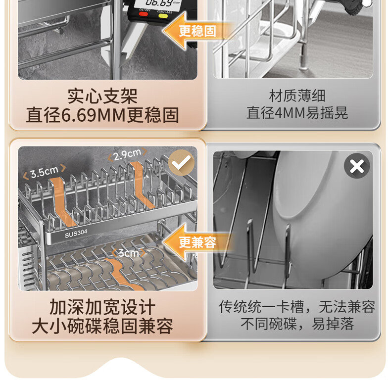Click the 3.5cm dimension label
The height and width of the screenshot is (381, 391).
(x=45, y=172)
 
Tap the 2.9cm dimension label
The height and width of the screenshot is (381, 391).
(x=127, y=154)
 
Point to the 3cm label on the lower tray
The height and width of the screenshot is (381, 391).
(x=128, y=253)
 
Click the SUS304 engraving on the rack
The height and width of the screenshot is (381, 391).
(x=76, y=234)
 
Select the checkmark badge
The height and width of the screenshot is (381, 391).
(x=181, y=163)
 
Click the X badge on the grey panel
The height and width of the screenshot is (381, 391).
(x=357, y=166)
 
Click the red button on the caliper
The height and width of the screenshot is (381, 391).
(x=143, y=14)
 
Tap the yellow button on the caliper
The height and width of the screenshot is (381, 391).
(x=163, y=16)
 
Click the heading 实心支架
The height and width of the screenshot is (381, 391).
(x=102, y=96)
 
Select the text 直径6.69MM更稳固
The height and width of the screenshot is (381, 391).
(x=102, y=115)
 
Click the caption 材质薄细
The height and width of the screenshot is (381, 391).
(x=297, y=95)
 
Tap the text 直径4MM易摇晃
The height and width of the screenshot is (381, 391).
(x=297, y=113)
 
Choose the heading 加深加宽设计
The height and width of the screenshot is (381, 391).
(x=102, y=307)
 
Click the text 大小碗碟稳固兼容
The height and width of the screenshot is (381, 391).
(x=102, y=326)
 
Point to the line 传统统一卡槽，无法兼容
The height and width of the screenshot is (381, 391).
(x=297, y=306)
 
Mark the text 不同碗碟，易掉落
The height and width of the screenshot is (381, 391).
(x=297, y=324)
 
